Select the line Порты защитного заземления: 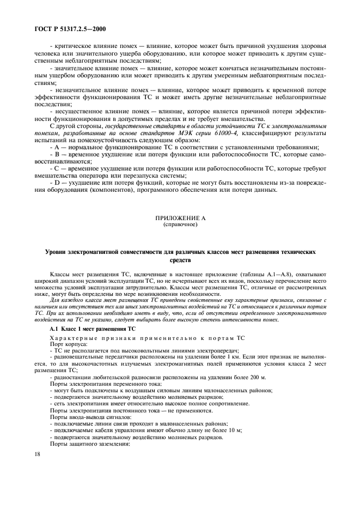[x=86, y=443]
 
